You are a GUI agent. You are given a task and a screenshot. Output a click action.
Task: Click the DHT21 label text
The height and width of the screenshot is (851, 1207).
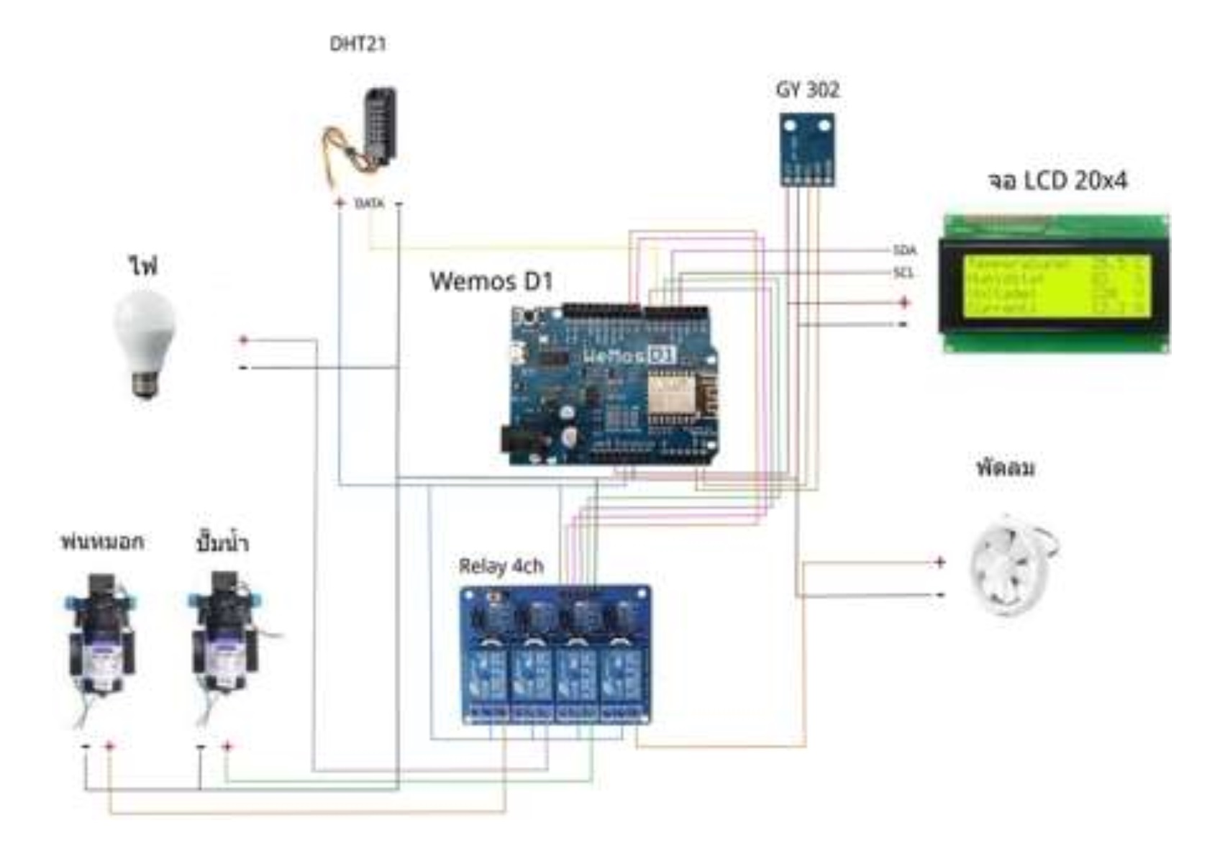pos(357,45)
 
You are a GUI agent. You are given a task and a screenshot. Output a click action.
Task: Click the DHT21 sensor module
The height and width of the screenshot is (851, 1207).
pos(379,126)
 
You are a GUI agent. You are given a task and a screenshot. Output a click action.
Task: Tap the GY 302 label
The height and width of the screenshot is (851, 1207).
pos(807,90)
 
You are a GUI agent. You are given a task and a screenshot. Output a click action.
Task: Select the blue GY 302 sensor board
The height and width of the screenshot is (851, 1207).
pos(807,149)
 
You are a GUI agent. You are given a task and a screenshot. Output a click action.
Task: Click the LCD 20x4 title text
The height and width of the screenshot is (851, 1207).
pos(1057,181)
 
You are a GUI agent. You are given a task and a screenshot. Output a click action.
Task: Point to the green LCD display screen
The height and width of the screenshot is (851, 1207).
pos(1055,284)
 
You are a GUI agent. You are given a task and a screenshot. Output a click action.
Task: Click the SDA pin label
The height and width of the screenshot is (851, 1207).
pos(904,250)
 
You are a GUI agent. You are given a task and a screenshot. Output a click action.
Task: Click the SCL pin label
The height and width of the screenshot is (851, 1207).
pos(903,273)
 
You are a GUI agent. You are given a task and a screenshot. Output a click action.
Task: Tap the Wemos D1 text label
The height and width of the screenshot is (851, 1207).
pos(491,281)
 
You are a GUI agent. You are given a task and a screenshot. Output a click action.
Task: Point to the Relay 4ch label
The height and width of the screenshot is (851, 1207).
pos(501,567)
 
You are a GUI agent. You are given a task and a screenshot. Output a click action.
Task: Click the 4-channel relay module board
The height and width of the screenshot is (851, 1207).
pos(555,655)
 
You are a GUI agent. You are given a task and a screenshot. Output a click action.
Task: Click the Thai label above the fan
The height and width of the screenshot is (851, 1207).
pos(1006,468)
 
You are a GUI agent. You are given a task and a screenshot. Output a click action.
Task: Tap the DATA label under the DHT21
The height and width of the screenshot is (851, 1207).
pos(369,204)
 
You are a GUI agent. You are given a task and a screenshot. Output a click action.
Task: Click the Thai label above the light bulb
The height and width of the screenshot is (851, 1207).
pos(143,266)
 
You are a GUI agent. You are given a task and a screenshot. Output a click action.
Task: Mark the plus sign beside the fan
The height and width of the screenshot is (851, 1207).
pos(939,562)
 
